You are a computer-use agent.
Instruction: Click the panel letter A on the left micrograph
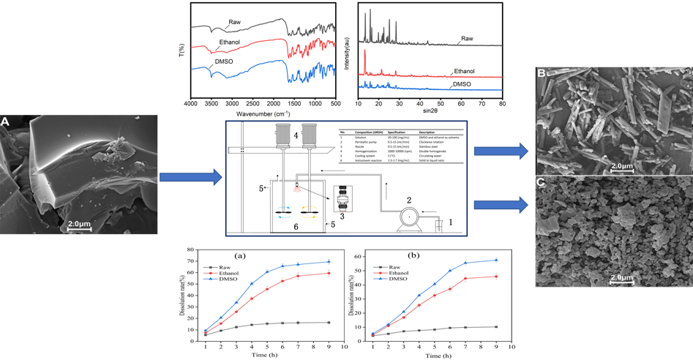[6, 121]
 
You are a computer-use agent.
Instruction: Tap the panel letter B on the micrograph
[541, 74]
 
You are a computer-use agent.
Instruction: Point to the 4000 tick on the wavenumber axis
[191, 105]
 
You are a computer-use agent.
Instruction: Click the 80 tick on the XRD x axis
[502, 105]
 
